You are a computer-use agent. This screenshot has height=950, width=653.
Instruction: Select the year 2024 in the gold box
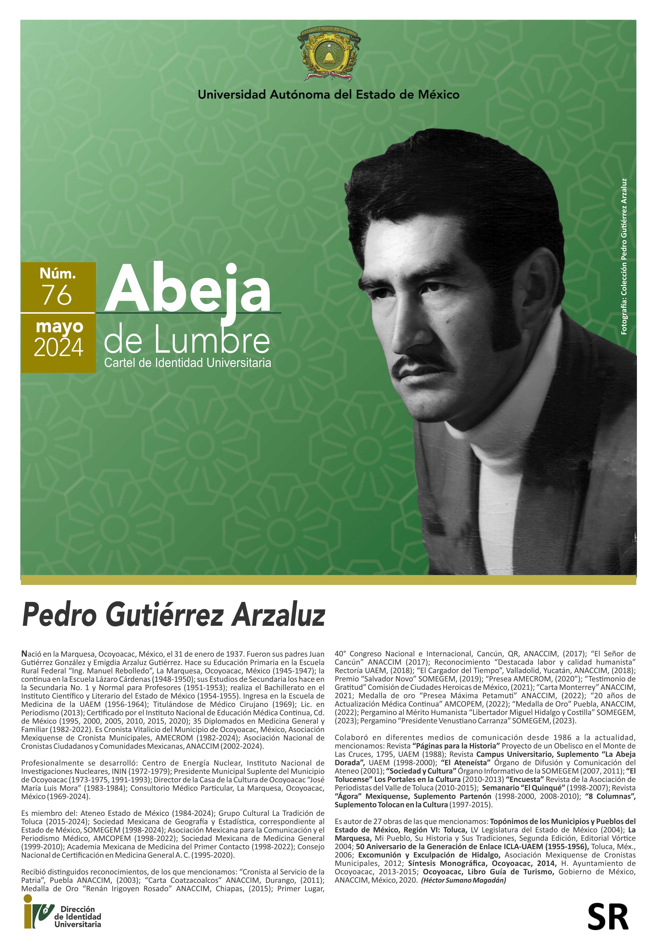58,348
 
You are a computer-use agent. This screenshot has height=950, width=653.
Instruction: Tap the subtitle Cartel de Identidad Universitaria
187,363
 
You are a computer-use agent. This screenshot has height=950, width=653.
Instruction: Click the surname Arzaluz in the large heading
278,615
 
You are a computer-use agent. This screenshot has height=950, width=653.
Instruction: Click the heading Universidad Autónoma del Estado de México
329,95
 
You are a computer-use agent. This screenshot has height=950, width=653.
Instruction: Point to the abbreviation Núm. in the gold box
58,273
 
